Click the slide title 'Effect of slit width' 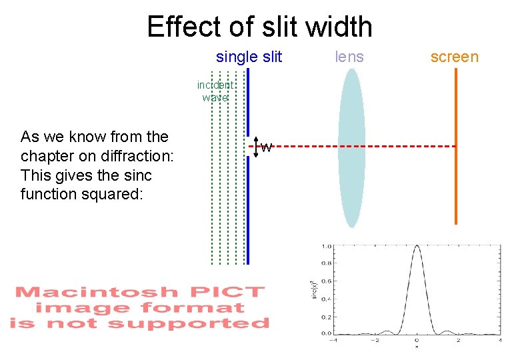(x=259, y=27)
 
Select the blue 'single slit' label (x=249, y=57)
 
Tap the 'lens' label (x=349, y=57)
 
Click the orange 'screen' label (x=454, y=57)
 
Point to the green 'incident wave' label (x=215, y=91)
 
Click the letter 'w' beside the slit (x=266, y=147)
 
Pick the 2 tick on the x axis (x=458, y=340)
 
